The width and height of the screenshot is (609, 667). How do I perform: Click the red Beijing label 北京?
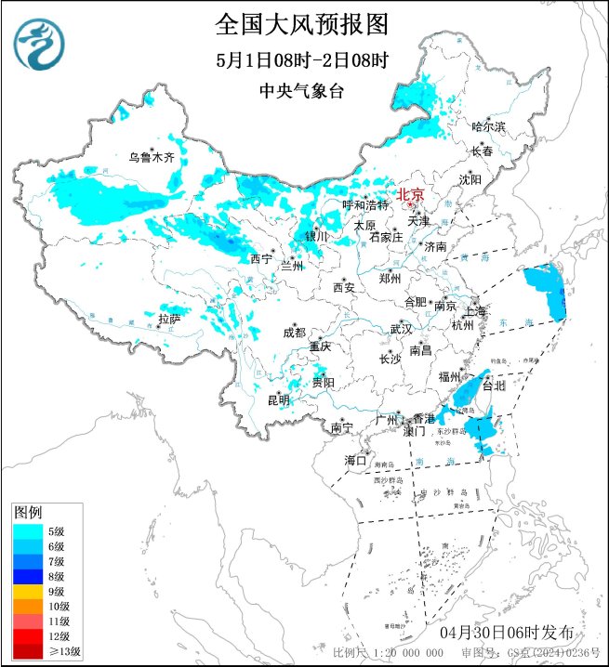tap(410, 195)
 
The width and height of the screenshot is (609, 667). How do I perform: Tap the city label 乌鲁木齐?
tap(152, 158)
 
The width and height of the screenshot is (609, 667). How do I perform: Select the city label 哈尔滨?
tap(488, 126)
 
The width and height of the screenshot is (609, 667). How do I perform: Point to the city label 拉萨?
tap(169, 319)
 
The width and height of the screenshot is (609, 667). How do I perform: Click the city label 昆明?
tap(278, 400)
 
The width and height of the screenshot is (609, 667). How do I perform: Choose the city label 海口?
tap(356, 460)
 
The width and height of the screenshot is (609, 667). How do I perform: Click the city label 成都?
tap(295, 333)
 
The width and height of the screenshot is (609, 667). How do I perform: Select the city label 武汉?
tap(401, 329)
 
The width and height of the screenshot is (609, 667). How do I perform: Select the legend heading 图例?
tap(28, 513)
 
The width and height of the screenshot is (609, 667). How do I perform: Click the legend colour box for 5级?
tap(27, 531)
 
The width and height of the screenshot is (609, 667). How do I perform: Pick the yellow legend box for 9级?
tap(27, 591)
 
